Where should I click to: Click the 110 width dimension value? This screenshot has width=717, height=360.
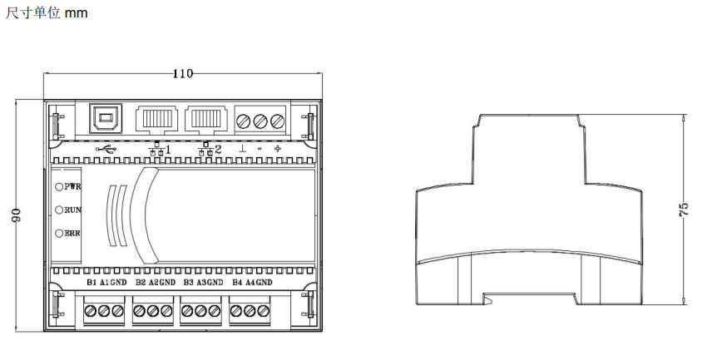(182, 74)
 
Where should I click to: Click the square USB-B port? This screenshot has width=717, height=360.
(105, 119)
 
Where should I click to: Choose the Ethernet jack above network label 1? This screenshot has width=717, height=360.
(155, 120)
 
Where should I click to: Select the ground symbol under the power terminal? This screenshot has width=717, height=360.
(243, 150)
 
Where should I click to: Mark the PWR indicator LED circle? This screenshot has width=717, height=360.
(60, 188)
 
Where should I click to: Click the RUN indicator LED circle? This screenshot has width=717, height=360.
(60, 210)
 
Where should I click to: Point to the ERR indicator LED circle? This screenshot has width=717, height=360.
(60, 234)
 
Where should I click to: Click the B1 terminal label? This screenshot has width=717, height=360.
(92, 284)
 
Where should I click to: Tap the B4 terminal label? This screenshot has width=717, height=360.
(239, 284)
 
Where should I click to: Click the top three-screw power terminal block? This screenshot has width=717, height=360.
(260, 120)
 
